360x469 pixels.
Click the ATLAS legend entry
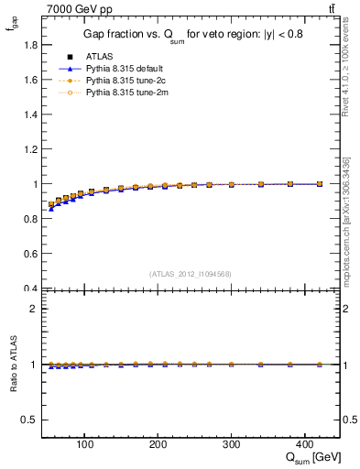tap(98, 57)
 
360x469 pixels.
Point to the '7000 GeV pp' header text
tap(73, 8)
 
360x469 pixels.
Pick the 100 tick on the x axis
tap(84, 446)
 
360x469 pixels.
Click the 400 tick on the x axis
tap(305, 446)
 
